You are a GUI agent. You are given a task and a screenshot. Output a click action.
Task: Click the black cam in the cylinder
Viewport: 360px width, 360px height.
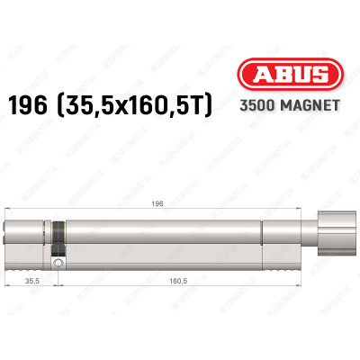click(x=58, y=241)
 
